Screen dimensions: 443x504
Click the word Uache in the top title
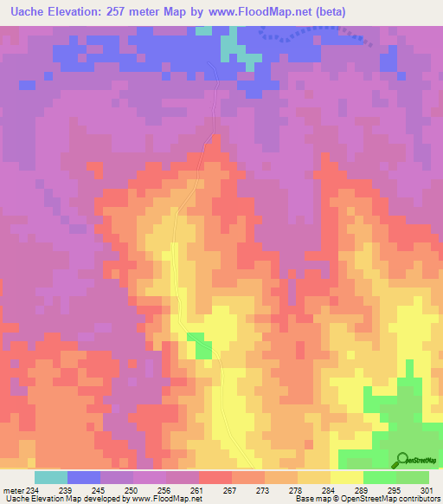coord(25,13)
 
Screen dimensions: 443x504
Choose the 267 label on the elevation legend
coord(230,489)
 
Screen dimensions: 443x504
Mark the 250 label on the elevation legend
coord(132,489)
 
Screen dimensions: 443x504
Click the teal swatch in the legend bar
coord(51,477)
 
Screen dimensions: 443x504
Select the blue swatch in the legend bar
coord(84,477)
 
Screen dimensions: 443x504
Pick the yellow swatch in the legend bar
coord(347,477)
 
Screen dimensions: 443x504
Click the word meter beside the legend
coord(13,489)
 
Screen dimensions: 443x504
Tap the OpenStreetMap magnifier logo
coord(401,459)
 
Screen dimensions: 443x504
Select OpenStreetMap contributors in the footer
coord(397,499)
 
